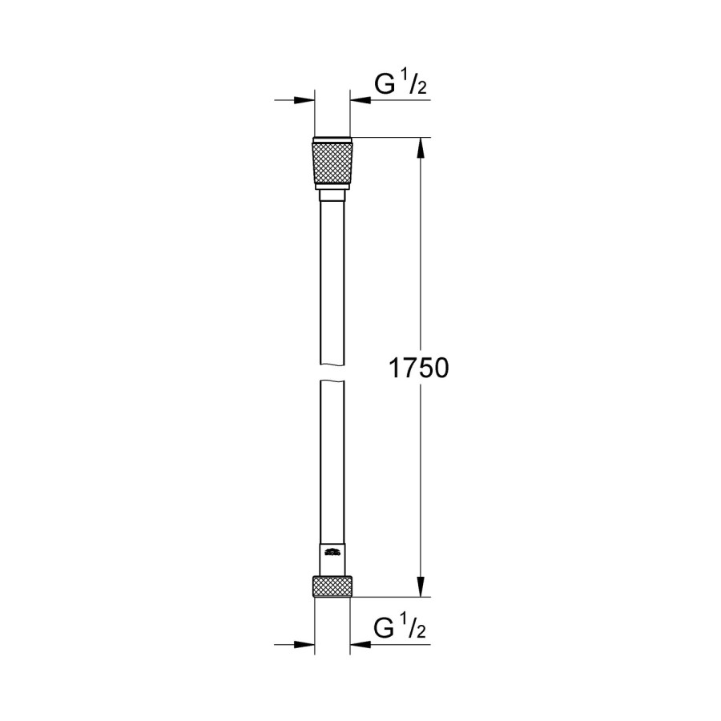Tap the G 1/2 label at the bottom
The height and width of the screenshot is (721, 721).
click(x=400, y=629)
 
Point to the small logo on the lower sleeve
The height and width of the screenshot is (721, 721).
click(x=331, y=552)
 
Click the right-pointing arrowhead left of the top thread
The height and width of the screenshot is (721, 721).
click(x=304, y=101)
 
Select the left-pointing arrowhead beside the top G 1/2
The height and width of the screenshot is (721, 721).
click(x=359, y=101)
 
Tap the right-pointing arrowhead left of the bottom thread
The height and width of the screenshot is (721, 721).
click(x=304, y=644)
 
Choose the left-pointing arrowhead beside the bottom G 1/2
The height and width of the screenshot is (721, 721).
click(x=359, y=644)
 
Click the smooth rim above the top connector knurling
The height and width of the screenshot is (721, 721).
click(x=331, y=137)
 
